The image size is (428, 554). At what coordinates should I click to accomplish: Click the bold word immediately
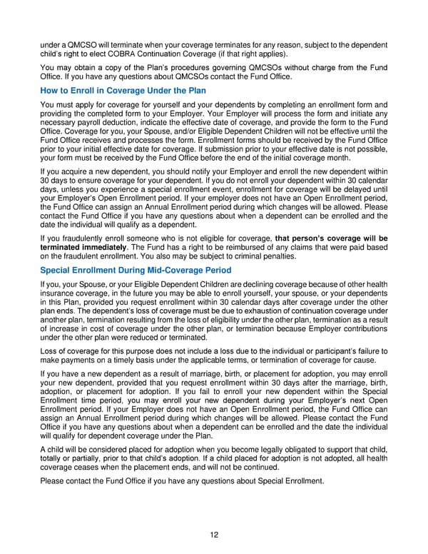click(x=107, y=247)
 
